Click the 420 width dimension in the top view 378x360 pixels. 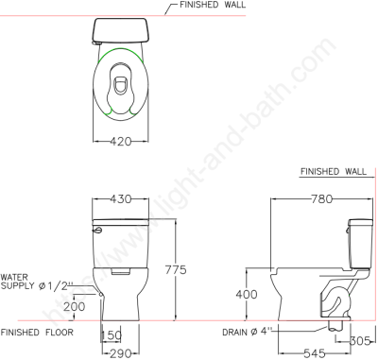tap(121, 142)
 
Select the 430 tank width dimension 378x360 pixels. tap(121, 199)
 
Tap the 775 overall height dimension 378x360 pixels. tap(176, 270)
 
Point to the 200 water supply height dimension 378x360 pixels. tap(75, 306)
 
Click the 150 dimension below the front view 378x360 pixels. tap(112, 335)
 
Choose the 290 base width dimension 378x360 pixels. tap(120, 354)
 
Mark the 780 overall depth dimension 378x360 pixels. tap(322, 199)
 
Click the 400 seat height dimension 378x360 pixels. tap(247, 295)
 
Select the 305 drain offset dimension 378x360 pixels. tap(360, 340)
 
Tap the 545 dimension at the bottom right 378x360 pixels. tap(315, 353)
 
